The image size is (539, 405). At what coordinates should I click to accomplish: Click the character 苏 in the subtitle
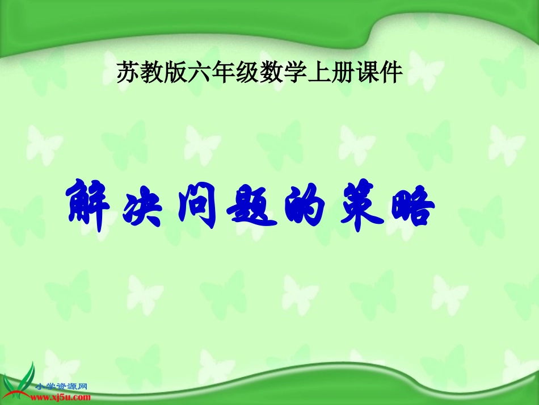point(128,73)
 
